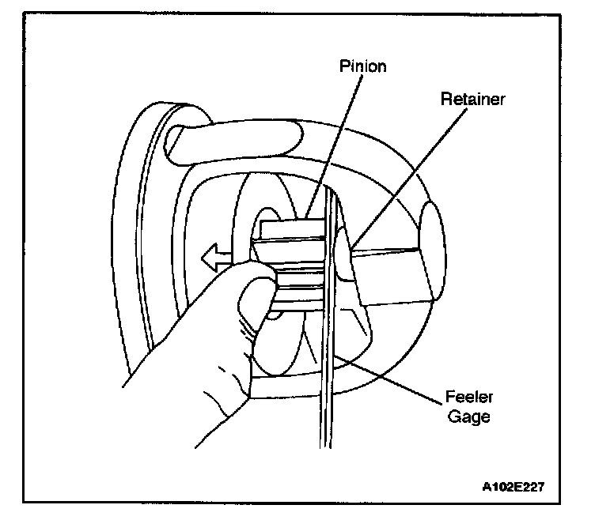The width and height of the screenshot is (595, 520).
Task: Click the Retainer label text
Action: tap(473, 100)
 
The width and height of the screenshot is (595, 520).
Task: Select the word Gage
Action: tap(468, 416)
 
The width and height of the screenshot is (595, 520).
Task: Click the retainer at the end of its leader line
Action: tap(348, 251)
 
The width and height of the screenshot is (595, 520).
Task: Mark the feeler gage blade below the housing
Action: tap(328, 427)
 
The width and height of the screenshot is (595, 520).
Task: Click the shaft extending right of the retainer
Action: tap(392, 273)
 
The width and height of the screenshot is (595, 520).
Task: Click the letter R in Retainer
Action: tap(446, 100)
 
